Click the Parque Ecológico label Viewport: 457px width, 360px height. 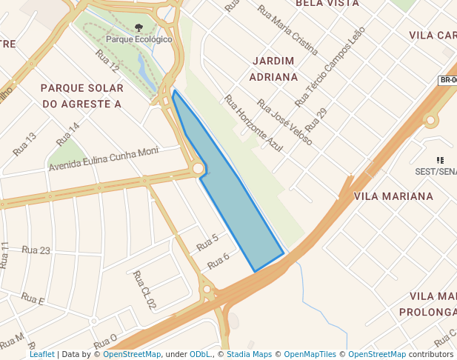(x=139, y=39)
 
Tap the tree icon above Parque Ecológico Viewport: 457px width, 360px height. (x=139, y=28)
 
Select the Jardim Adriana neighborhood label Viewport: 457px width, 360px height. (x=274, y=68)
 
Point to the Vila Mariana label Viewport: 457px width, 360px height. (x=393, y=196)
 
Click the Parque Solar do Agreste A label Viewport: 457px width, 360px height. (x=81, y=96)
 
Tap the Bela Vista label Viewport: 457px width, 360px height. (x=327, y=4)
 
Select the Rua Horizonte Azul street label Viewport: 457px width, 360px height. (x=253, y=124)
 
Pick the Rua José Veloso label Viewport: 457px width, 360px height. (x=284, y=121)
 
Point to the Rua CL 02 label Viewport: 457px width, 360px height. (x=144, y=290)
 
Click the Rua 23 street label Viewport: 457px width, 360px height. (x=36, y=250)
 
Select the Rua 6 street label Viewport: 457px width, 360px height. (x=218, y=261)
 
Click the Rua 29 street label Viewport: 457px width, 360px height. (x=316, y=119)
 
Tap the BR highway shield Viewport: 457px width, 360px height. (x=447, y=80)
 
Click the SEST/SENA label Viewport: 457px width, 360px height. (x=437, y=171)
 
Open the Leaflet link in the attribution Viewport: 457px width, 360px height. (x=41, y=354)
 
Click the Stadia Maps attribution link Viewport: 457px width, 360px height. (x=249, y=354)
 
